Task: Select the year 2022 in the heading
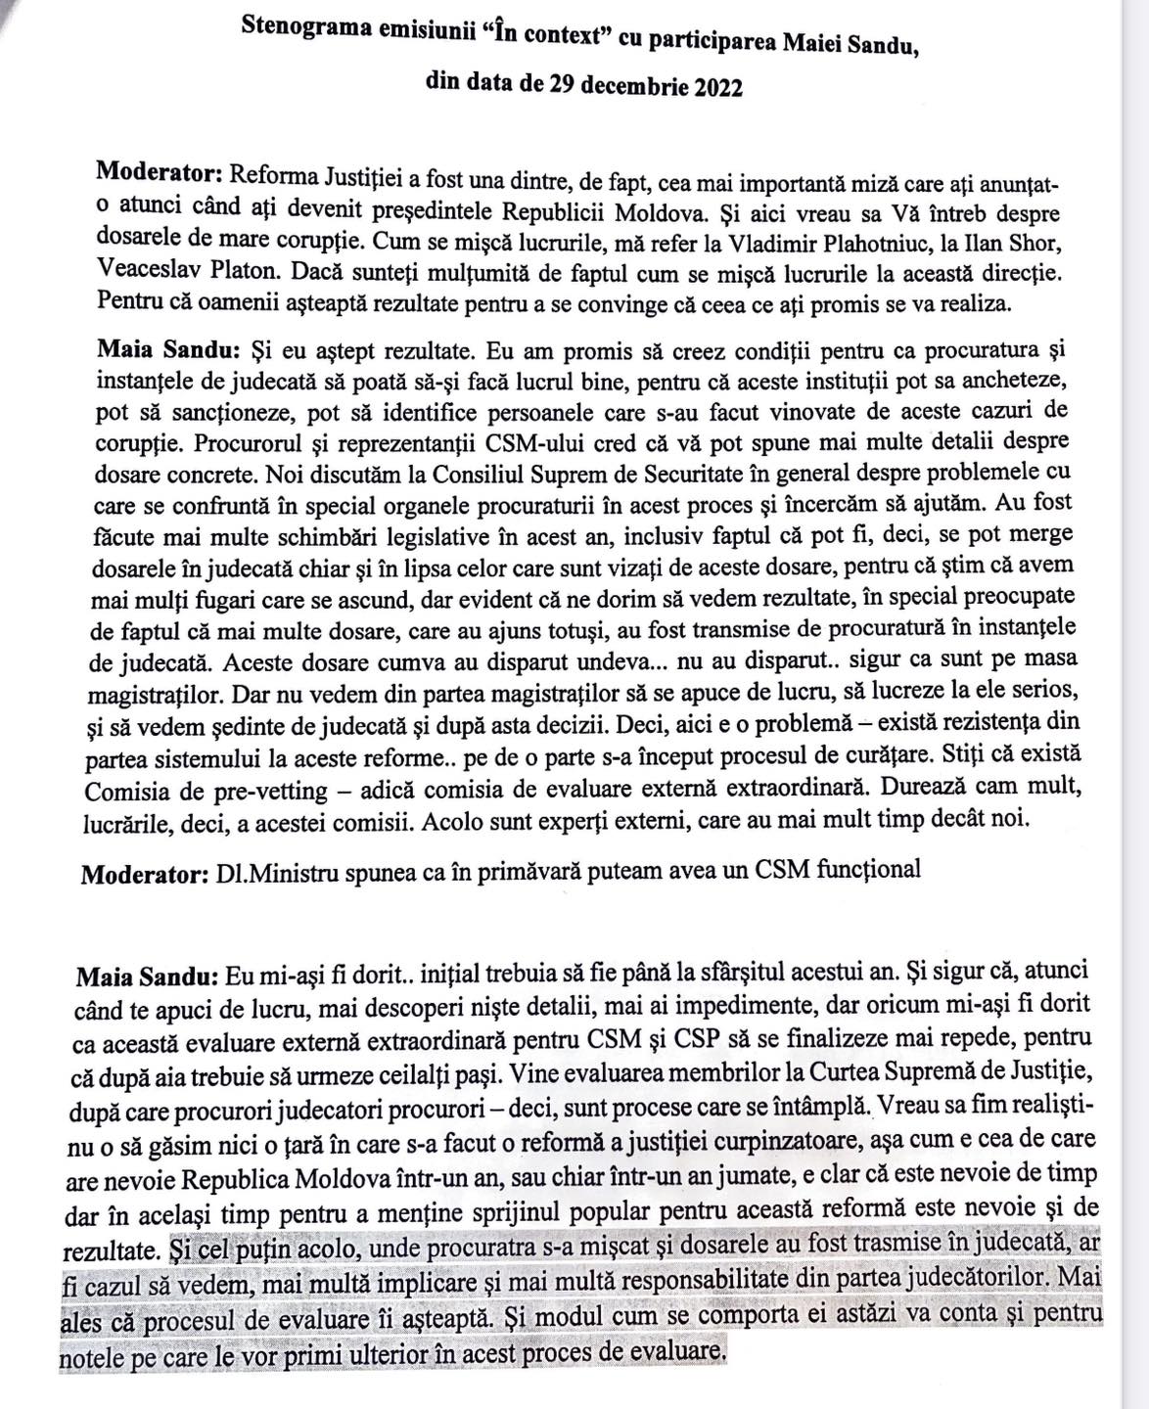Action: click(x=717, y=86)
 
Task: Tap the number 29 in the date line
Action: click(x=562, y=85)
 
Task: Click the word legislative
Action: click(x=423, y=536)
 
